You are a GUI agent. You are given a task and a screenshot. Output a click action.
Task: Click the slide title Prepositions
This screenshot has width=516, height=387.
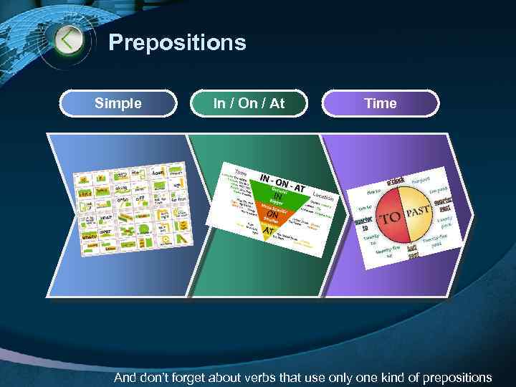click(x=177, y=43)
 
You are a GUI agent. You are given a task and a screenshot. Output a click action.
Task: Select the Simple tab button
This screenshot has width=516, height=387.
click(x=118, y=103)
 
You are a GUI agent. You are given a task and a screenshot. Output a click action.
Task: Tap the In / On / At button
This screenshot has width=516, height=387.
click(x=249, y=103)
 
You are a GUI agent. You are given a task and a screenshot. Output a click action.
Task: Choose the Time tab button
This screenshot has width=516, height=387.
click(x=380, y=103)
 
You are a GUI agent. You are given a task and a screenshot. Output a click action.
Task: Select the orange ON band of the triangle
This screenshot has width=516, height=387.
click(x=272, y=215)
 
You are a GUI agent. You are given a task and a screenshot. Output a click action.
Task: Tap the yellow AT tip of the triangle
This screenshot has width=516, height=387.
click(x=267, y=232)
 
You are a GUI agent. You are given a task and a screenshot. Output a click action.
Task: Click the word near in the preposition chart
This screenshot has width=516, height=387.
click(x=105, y=216)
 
